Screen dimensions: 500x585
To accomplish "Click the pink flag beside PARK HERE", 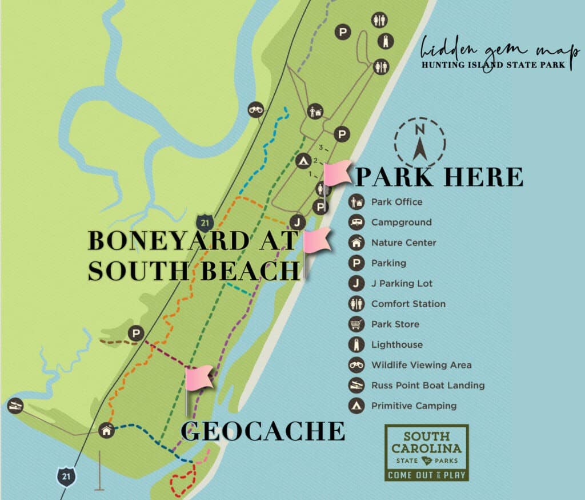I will point(338,173).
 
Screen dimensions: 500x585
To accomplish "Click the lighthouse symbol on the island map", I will point(386,41).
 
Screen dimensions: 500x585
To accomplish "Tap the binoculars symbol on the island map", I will point(256,110).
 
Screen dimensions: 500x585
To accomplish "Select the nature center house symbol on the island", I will point(106,430).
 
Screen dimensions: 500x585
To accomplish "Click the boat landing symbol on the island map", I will point(15,405).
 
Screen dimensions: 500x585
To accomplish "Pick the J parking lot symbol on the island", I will point(297,222).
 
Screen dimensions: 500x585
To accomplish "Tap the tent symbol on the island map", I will point(303,161).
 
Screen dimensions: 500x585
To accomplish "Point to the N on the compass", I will point(420,129).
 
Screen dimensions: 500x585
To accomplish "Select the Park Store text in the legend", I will point(395,324).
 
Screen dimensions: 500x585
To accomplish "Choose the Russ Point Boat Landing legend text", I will point(428,386).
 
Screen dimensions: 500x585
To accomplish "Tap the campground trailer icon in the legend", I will point(356,223).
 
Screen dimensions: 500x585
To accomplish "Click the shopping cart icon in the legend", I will point(356,324).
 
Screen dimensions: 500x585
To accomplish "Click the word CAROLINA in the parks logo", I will point(427,448).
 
